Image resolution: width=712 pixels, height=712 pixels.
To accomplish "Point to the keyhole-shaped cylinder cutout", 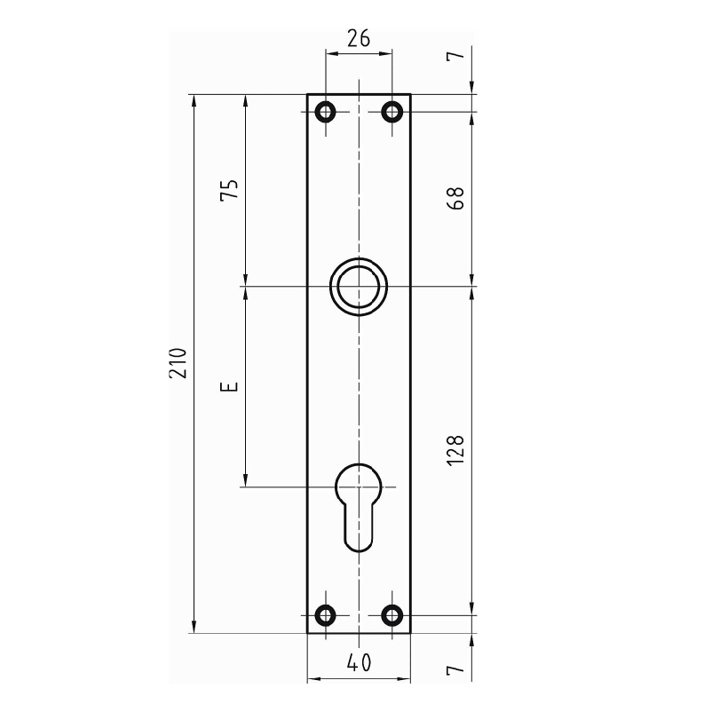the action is click(x=337, y=486).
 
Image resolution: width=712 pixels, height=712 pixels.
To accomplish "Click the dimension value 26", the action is click(x=359, y=38).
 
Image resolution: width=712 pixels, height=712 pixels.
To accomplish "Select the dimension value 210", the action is click(x=178, y=363).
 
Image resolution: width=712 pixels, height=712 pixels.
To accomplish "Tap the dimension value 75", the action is click(x=229, y=188).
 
